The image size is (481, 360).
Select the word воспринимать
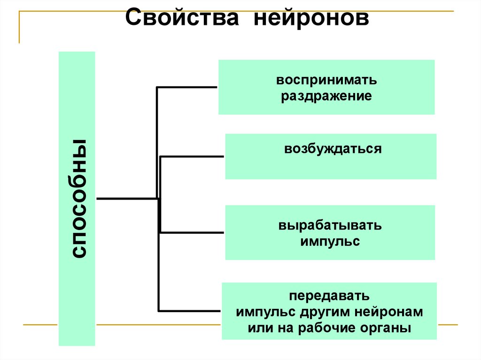click(326, 80)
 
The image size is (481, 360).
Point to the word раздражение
click(326, 96)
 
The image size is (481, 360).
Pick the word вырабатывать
click(330, 226)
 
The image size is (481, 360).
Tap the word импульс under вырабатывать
click(330, 242)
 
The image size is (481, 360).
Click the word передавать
click(329, 297)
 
